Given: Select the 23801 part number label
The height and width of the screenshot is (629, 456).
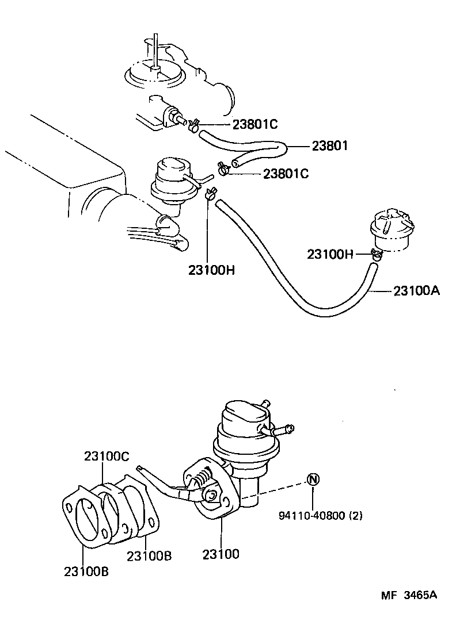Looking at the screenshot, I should click(x=330, y=146).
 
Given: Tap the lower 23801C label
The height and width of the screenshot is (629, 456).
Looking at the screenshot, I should click(x=286, y=173).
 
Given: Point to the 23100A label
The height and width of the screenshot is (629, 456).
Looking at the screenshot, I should click(x=416, y=291).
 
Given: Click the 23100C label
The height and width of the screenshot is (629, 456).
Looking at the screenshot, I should click(x=107, y=456).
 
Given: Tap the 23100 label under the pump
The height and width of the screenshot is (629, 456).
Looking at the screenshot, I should click(x=221, y=554).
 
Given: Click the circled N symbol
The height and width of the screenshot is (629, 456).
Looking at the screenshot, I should click(x=312, y=479).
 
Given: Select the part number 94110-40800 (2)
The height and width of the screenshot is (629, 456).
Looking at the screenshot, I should click(x=321, y=516).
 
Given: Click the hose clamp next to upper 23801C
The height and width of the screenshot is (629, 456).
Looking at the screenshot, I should click(x=193, y=125).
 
